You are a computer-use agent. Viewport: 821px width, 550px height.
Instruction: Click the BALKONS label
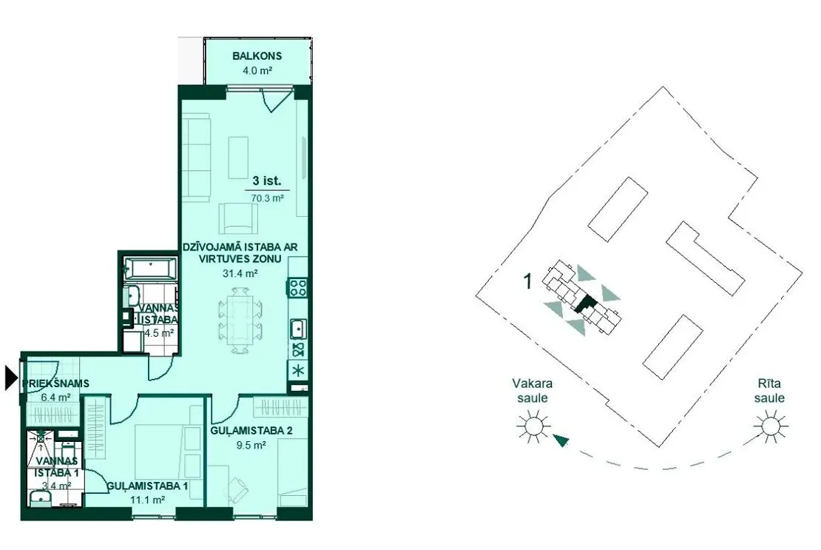[x=257, y=56]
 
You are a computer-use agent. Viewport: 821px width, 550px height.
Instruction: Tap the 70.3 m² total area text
[x=267, y=198]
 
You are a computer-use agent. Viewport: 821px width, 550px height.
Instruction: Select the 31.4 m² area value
[x=240, y=273]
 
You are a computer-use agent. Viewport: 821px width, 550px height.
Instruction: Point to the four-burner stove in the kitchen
[x=298, y=287]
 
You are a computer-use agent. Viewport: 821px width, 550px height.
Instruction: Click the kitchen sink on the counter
[x=298, y=329]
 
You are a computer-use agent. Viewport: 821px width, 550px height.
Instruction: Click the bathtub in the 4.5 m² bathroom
[x=150, y=268]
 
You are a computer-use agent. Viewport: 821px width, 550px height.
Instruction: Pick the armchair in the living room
[x=239, y=218]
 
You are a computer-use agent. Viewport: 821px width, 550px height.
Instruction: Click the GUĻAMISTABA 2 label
[x=251, y=431]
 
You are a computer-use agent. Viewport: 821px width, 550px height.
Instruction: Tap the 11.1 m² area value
[x=148, y=500]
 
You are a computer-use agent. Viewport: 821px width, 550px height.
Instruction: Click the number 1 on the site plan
[x=528, y=281]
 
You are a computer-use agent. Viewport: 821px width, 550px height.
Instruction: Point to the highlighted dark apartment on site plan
[x=585, y=303]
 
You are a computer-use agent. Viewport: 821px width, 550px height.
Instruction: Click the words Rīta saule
[x=769, y=391]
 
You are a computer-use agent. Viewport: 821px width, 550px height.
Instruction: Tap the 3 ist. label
[x=267, y=181]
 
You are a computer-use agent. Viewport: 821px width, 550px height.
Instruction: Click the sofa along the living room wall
[x=196, y=157]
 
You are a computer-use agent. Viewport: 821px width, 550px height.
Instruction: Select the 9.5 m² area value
[x=251, y=445]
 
